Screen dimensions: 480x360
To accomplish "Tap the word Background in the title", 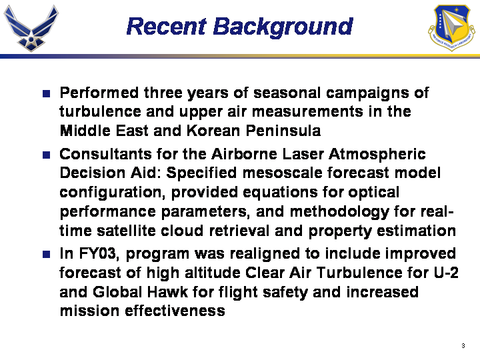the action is pyautogui.click(x=283, y=27).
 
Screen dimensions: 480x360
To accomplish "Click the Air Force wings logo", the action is pyautogui.click(x=31, y=28).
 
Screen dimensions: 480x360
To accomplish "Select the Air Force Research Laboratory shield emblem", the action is pyautogui.click(x=451, y=27).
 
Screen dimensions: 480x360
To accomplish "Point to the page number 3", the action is pyautogui.click(x=463, y=345).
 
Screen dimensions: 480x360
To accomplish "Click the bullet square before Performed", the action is pyautogui.click(x=46, y=93).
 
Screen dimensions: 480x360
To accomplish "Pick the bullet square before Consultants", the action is pyautogui.click(x=46, y=155).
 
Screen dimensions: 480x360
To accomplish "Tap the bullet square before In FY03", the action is pyautogui.click(x=46, y=254).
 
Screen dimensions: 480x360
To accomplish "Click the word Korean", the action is pyautogui.click(x=213, y=131).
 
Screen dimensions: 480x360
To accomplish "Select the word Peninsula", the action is pyautogui.click(x=283, y=131).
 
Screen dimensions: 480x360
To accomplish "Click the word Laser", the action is pyautogui.click(x=303, y=154).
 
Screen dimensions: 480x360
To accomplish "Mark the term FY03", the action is pyautogui.click(x=99, y=254).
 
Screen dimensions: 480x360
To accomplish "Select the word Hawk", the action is pyautogui.click(x=167, y=292).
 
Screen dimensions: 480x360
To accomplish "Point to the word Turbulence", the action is pyautogui.click(x=359, y=273).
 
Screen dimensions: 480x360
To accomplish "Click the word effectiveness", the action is pyautogui.click(x=175, y=311).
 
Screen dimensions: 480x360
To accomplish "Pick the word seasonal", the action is pyautogui.click(x=287, y=93).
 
